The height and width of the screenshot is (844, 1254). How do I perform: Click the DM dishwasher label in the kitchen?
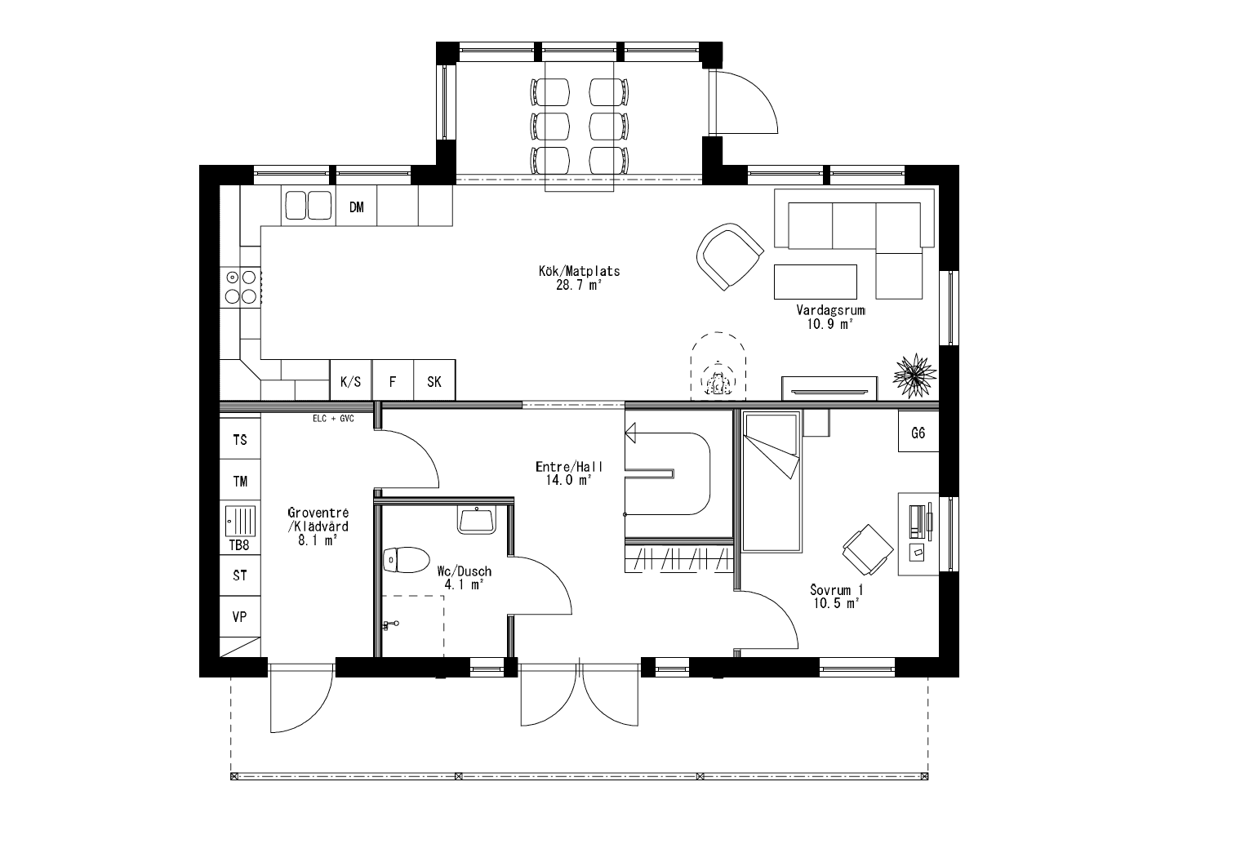pos(356,207)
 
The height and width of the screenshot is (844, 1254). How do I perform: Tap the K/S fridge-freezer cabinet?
pos(350,381)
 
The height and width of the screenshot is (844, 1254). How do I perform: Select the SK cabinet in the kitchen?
pos(434,381)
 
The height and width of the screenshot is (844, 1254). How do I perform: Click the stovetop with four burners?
pos(241,287)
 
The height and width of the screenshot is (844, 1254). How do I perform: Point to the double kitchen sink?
pos(308,206)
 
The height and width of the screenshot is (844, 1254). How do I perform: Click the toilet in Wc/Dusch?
pos(406,561)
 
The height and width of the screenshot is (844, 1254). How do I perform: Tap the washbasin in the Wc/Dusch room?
pos(476,520)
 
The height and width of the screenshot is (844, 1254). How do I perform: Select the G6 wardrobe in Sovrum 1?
pos(918,433)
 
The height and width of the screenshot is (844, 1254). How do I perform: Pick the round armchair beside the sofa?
pos(729,256)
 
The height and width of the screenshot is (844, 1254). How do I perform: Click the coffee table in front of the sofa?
pos(815,282)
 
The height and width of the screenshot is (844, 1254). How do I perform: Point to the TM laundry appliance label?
pos(240,482)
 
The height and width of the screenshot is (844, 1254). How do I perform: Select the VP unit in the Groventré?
pos(240,617)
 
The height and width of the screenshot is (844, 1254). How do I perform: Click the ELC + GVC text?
pos(332,419)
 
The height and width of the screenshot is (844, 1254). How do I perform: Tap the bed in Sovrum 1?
pos(770,482)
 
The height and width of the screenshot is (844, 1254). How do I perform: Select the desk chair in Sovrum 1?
pos(865,548)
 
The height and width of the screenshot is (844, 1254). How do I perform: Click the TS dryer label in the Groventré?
pos(240,440)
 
